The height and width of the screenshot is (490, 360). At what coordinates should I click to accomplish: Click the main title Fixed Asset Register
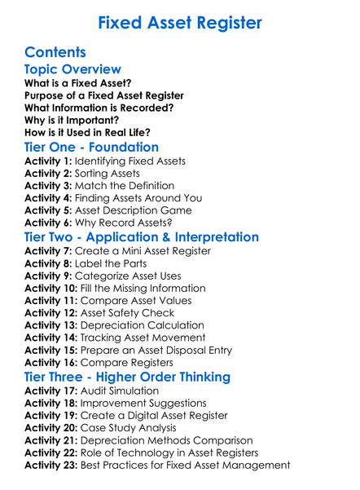coord(180,22)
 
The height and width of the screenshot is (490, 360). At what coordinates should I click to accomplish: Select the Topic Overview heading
coord(72,69)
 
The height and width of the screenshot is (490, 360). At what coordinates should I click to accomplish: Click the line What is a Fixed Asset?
coord(78,83)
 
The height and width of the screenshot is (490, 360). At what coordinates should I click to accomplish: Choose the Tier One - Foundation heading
coord(91,147)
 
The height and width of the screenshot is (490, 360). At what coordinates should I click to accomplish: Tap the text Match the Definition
coord(124,186)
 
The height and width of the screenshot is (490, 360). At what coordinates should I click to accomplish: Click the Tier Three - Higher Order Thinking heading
coord(127,377)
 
